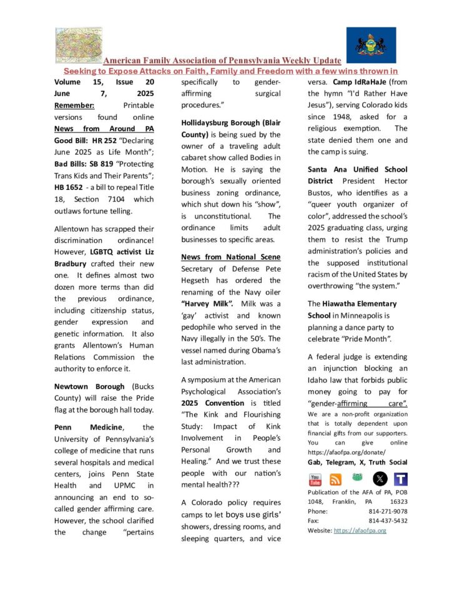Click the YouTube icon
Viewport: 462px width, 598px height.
(315, 479)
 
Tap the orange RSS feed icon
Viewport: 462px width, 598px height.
(336, 479)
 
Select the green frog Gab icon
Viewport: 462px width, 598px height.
(358, 478)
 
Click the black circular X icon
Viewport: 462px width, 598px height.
(380, 479)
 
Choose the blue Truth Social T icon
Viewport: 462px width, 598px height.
(401, 479)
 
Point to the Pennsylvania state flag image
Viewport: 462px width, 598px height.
(371, 45)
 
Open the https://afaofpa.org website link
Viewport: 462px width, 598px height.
(360, 531)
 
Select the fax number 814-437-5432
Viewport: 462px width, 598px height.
(388, 521)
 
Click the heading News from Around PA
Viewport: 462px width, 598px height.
(104, 129)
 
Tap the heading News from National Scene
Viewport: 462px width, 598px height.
(231, 257)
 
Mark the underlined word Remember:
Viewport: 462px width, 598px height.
(74, 105)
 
